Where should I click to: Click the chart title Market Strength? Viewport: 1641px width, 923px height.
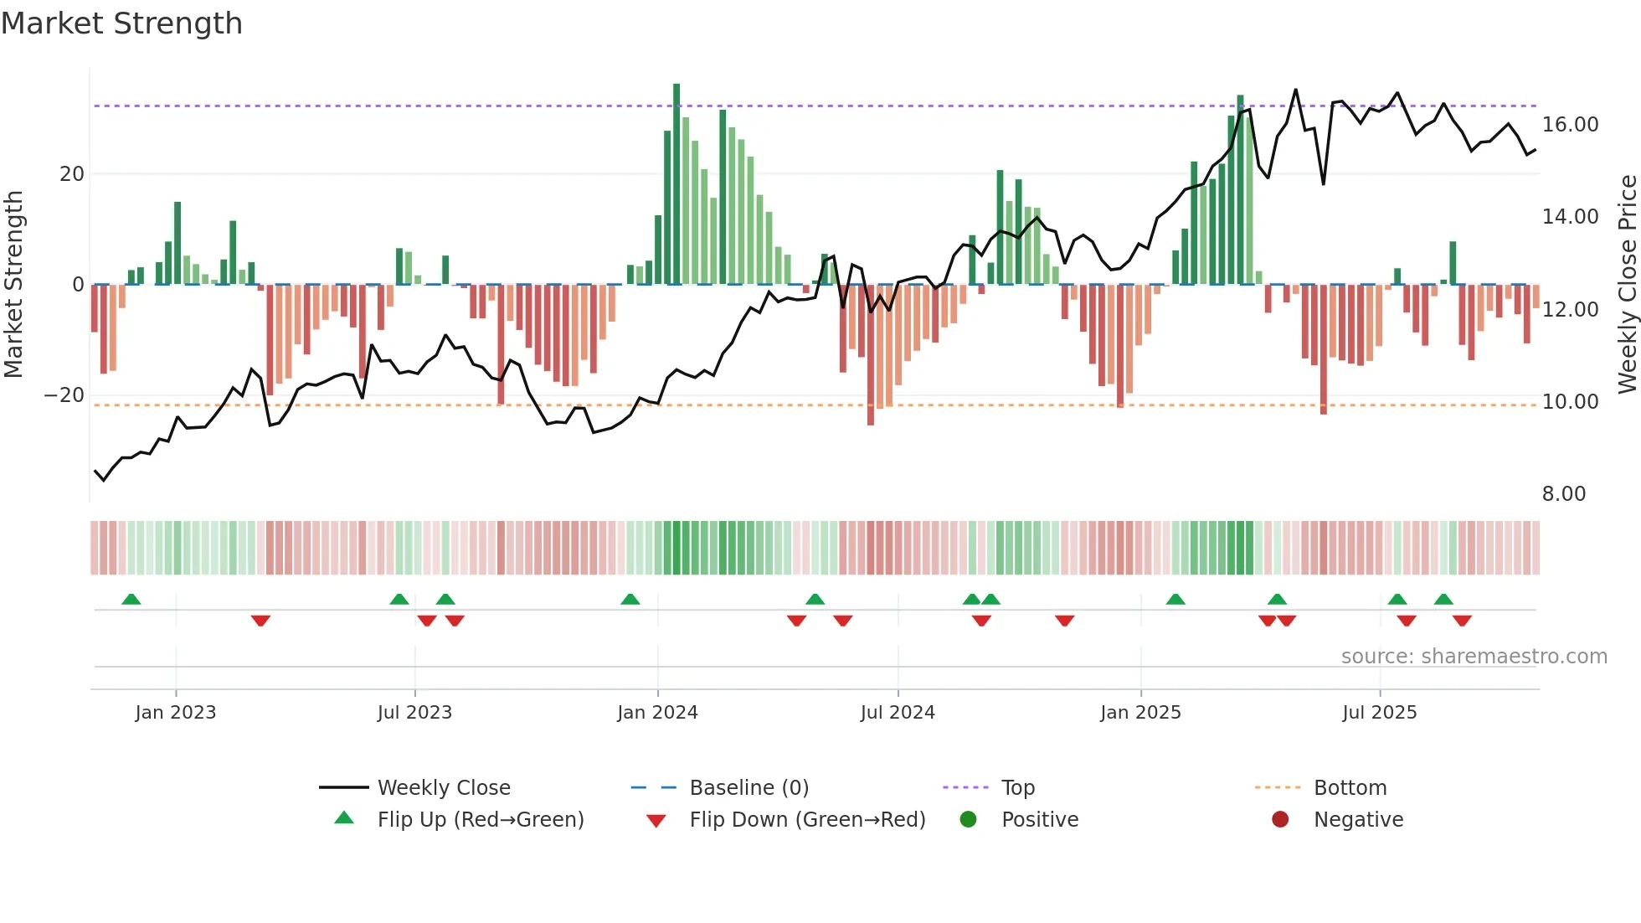point(121,23)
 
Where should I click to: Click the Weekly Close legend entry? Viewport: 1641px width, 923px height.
point(443,787)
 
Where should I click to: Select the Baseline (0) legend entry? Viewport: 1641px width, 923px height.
point(748,787)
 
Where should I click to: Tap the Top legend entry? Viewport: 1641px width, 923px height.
point(1017,787)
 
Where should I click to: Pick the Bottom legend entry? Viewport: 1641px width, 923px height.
point(1350,787)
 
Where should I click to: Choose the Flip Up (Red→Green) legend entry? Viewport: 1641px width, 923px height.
point(480,819)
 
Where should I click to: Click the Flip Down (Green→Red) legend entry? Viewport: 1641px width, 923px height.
point(807,819)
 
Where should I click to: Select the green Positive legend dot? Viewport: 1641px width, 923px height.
point(968,819)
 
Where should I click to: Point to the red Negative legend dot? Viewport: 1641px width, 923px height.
point(1279,819)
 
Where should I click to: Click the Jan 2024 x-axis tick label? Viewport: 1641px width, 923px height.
point(657,712)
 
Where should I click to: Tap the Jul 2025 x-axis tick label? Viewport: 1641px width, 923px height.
point(1379,712)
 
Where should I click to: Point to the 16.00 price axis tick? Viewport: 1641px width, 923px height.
point(1570,125)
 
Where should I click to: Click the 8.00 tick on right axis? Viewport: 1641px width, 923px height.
point(1563,494)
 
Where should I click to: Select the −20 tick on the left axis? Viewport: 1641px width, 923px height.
point(64,395)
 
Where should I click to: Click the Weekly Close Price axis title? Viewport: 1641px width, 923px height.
point(1627,285)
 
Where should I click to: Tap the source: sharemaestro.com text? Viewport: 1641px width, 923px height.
point(1474,656)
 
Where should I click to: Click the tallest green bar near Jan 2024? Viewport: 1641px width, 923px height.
point(676,184)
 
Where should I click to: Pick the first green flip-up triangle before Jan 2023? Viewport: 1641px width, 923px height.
point(131,599)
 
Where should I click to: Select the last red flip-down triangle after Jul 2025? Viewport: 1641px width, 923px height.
point(1462,621)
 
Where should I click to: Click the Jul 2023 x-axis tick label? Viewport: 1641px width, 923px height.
point(414,712)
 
